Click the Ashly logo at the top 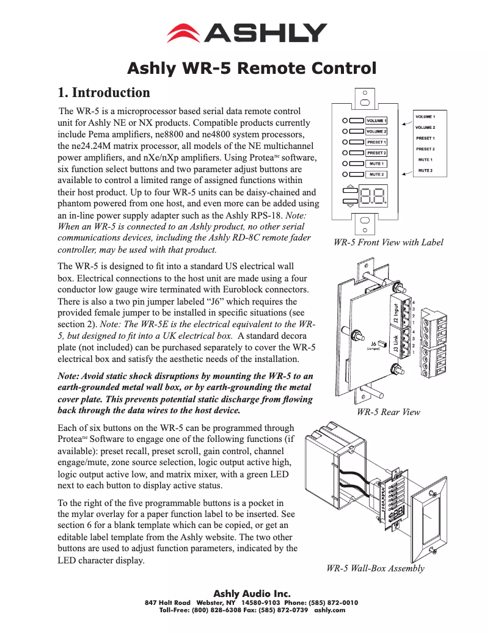click(x=247, y=32)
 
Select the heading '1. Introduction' click(x=104, y=93)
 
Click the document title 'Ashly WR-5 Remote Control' click(x=251, y=68)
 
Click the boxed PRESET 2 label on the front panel click(x=376, y=153)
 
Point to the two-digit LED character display click(x=373, y=197)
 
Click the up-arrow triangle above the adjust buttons click(x=349, y=188)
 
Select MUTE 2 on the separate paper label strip click(x=425, y=170)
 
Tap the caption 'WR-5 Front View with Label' click(x=388, y=242)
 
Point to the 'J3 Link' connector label click(x=395, y=345)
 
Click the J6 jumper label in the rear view click(x=373, y=345)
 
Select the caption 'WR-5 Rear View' click(x=388, y=412)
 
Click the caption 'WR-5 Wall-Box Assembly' click(x=375, y=568)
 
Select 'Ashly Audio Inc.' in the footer click(x=251, y=593)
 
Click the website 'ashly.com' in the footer click(x=329, y=610)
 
